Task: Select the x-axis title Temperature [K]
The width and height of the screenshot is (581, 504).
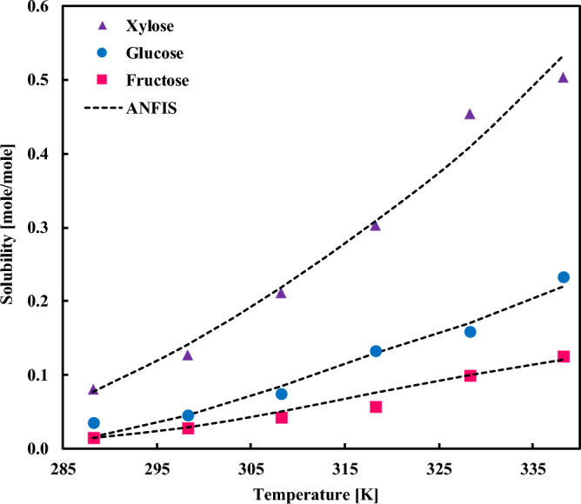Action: pos(313,493)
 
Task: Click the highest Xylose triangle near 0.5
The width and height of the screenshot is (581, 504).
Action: pos(563,77)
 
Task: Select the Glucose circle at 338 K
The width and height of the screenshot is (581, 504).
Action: pos(564,277)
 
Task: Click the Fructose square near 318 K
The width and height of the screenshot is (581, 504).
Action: pos(376,407)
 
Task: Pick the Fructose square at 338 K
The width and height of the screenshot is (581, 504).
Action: pos(564,356)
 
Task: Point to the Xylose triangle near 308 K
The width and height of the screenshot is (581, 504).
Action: pos(281,292)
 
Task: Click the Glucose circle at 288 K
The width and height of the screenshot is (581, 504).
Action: pos(94,423)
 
